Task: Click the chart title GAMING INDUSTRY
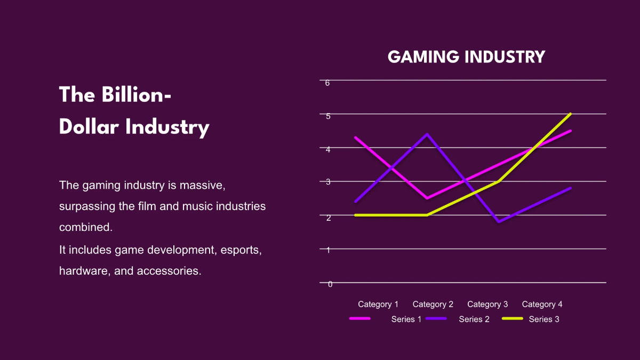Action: tap(466, 57)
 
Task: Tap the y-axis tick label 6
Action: tap(327, 83)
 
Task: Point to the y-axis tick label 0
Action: tap(330, 284)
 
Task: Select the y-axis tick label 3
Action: tap(329, 182)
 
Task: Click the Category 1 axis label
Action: tap(378, 305)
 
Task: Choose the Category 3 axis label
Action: tap(487, 305)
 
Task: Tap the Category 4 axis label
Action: tap(542, 305)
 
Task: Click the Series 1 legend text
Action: tap(406, 319)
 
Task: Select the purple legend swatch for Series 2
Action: tap(436, 318)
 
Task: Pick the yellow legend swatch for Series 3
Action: tap(513, 318)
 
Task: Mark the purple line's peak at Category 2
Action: tap(427, 134)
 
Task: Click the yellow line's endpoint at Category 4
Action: tap(571, 114)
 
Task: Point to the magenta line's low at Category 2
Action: tap(427, 198)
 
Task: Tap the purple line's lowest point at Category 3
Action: tap(499, 222)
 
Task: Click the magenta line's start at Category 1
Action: tap(355, 138)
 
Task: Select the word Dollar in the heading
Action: tap(88, 127)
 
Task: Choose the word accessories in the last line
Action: tap(169, 270)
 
